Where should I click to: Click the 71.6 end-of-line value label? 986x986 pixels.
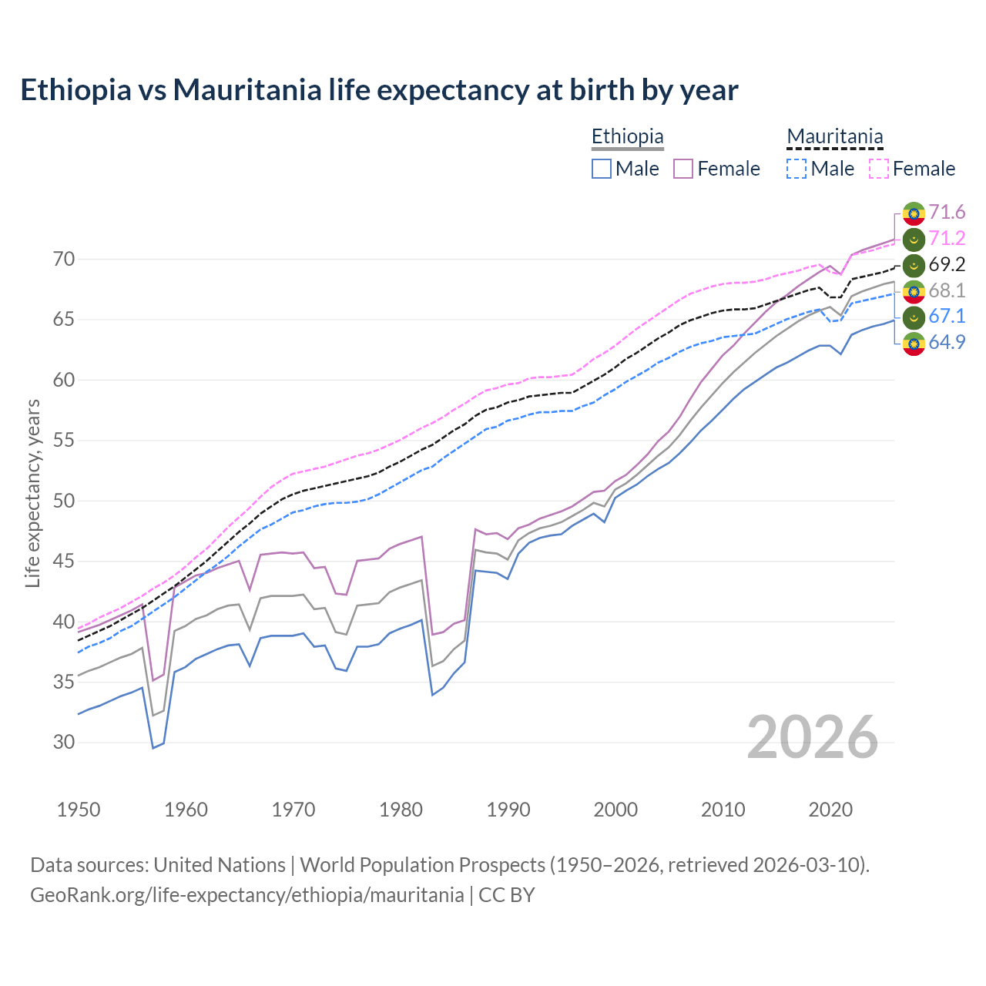[947, 212]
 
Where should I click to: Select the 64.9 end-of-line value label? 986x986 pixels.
[947, 342]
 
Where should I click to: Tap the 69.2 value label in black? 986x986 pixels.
[947, 264]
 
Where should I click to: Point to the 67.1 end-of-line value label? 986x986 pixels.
[947, 316]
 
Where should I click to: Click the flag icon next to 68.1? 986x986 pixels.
[914, 290]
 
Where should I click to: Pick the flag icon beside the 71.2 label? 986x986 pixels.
[914, 239]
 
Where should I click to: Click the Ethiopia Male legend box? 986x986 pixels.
[602, 169]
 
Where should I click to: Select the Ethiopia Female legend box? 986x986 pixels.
[683, 169]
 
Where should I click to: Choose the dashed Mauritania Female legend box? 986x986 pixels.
[879, 169]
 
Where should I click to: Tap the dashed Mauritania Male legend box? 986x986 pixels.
[797, 169]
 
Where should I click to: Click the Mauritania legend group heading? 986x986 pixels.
[834, 137]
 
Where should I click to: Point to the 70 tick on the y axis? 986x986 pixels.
[64, 259]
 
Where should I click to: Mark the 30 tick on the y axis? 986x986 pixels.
[64, 743]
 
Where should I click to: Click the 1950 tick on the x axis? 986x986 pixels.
[79, 810]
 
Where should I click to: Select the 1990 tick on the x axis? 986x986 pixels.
[508, 810]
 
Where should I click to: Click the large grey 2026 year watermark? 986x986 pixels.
[812, 737]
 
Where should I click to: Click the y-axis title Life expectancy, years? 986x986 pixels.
[32, 493]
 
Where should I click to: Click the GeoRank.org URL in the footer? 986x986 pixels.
[246, 895]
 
